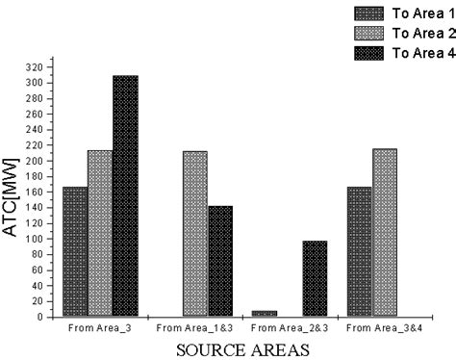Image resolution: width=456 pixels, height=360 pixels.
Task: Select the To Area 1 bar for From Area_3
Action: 75,251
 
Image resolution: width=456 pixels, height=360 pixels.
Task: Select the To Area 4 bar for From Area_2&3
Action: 315,278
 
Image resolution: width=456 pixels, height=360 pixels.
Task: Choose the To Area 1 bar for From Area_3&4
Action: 359,251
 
